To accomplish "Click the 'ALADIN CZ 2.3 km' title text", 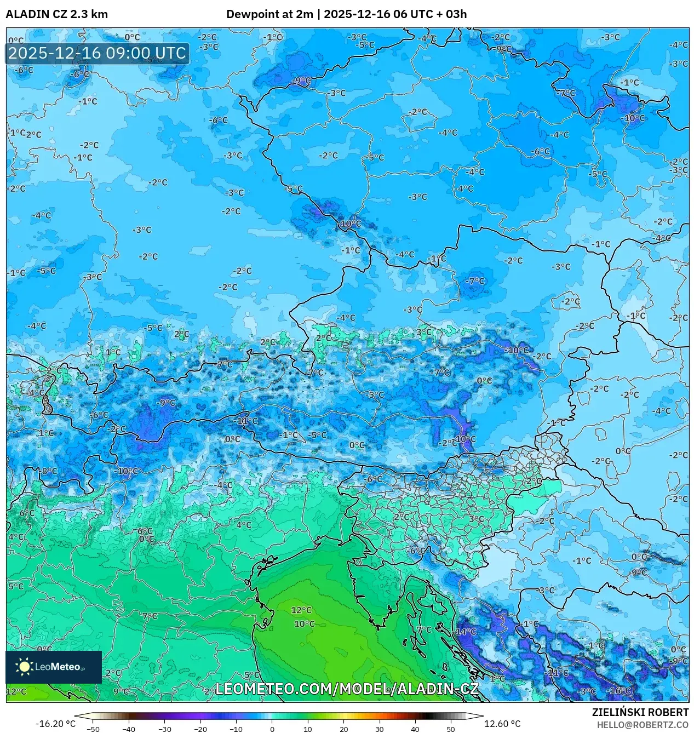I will [x=56, y=14].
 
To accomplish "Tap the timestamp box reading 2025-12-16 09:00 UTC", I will [x=97, y=53].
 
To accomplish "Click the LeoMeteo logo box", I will [x=54, y=667].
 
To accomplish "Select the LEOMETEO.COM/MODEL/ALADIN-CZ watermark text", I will [x=347, y=689].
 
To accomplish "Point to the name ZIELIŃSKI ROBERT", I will [x=640, y=712].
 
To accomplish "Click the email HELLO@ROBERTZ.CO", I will [x=643, y=725].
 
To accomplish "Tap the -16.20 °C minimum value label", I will [x=56, y=724].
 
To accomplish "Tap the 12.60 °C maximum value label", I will [x=502, y=724].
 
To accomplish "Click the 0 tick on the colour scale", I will [x=272, y=729].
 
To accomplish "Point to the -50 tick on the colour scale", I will [x=93, y=729].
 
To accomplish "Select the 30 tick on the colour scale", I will [x=379, y=729].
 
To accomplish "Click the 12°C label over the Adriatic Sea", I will [x=301, y=610].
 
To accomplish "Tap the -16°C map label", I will [x=620, y=691].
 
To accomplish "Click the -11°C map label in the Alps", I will [x=246, y=421].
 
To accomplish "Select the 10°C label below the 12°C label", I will [x=305, y=624].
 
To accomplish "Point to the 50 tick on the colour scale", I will [x=451, y=729].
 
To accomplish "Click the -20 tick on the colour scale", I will [x=200, y=729].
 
